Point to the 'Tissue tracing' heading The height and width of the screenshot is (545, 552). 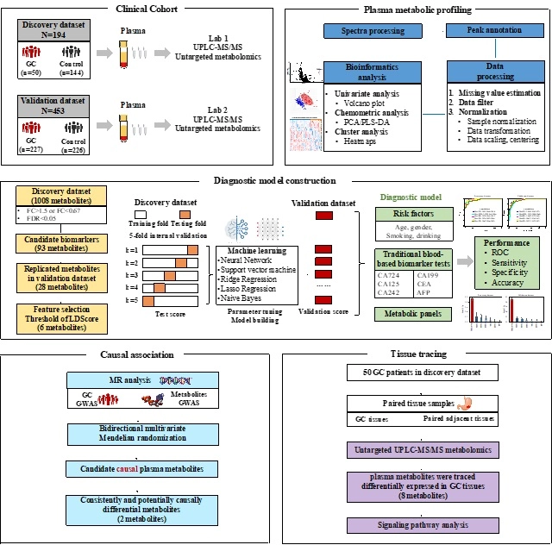click(x=412, y=354)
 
